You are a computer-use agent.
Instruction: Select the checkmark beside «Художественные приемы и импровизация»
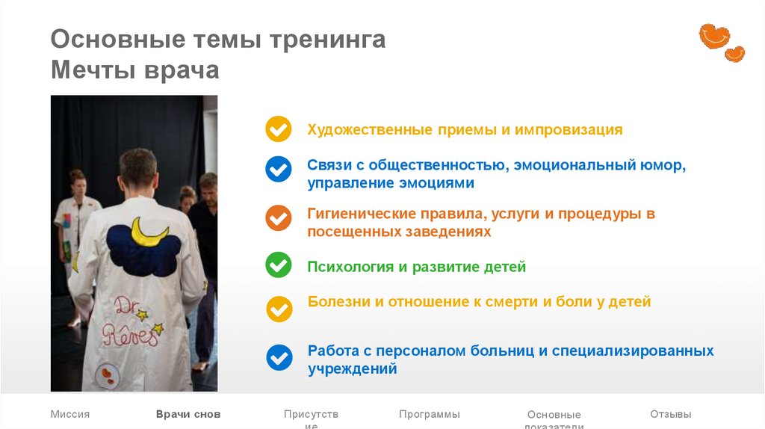(279, 129)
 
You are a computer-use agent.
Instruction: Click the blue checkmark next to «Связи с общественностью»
(279, 169)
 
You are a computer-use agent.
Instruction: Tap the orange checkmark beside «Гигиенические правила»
(279, 217)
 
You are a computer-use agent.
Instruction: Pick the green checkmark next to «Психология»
(279, 265)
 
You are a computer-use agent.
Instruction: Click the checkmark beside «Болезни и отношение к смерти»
(279, 308)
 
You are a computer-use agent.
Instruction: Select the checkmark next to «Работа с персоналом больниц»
(279, 357)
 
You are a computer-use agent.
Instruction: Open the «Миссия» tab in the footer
(70, 414)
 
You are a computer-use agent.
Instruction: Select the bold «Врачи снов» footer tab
(188, 414)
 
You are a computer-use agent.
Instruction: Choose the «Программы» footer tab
(429, 414)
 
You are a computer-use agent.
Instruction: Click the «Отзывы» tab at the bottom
(670, 414)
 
